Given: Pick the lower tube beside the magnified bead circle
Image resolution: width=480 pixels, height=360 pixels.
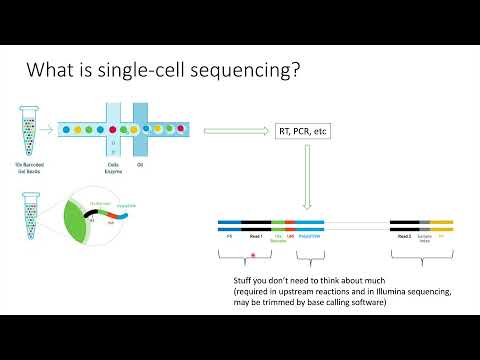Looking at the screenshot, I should [27, 213].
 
